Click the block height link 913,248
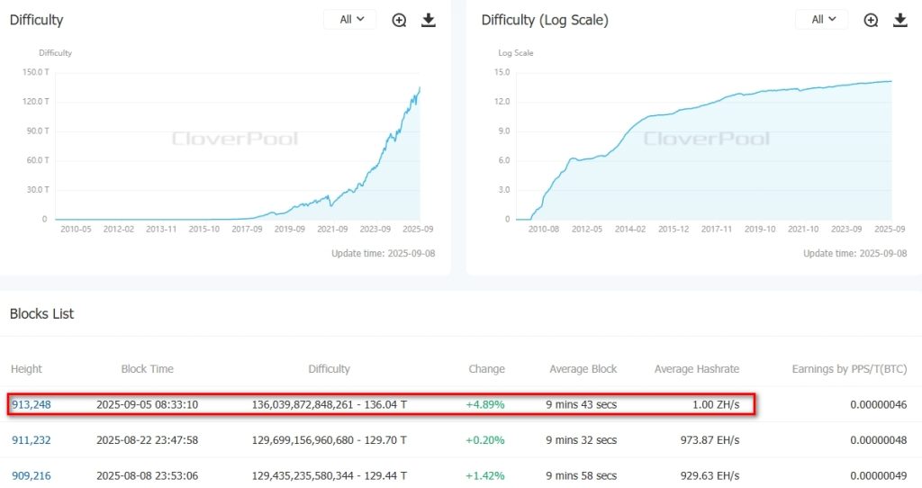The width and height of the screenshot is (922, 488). point(32,404)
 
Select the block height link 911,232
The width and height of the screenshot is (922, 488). point(32,439)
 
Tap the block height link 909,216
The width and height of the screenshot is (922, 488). point(32,474)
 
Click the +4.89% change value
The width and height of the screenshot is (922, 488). point(485,404)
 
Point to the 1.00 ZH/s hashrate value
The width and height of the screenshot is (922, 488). point(716,404)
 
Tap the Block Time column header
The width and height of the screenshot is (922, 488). point(148,369)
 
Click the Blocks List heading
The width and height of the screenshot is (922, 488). point(41,313)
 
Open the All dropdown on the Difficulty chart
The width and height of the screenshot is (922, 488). point(350,19)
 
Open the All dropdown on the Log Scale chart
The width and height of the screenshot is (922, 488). point(821,19)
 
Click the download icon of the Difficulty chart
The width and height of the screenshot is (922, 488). point(429,20)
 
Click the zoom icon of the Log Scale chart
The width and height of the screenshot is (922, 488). point(871,20)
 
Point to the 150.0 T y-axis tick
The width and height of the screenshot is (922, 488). point(36,72)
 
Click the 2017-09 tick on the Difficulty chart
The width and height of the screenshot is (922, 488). point(247,230)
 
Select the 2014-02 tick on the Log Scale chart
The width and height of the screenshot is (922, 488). point(630,230)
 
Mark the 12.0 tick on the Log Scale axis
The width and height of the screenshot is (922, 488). point(502,102)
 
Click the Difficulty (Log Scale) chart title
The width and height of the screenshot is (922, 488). point(545,20)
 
